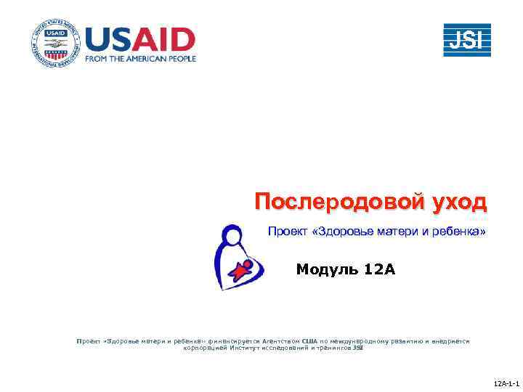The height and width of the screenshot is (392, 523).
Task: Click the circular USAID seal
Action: pyautogui.click(x=54, y=44)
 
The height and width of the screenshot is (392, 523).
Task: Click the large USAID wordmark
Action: pyautogui.click(x=140, y=38)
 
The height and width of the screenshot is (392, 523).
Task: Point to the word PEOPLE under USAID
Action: pyautogui.click(x=182, y=58)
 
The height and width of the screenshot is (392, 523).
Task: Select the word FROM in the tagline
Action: pyautogui.click(x=98, y=58)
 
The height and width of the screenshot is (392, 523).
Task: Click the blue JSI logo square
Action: pyautogui.click(x=467, y=40)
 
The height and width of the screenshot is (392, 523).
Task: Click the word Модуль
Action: pyautogui.click(x=328, y=270)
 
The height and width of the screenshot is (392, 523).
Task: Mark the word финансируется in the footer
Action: pyautogui.click(x=233, y=340)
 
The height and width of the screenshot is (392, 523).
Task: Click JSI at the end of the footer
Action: pyautogui.click(x=357, y=348)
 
